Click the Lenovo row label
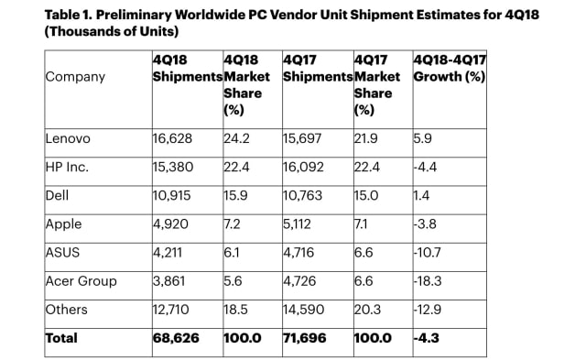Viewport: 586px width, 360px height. tap(68, 138)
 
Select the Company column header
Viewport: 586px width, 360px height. tap(74, 77)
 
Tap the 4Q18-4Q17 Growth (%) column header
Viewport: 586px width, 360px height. tap(450, 69)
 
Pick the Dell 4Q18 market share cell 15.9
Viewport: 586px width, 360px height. tap(236, 195)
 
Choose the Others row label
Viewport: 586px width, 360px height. tap(65, 309)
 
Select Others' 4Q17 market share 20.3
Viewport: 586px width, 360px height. tap(367, 309)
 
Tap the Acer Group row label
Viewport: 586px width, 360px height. tap(81, 280)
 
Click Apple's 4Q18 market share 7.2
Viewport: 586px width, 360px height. tap(233, 224)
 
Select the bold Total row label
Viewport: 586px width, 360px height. tap(63, 338)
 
